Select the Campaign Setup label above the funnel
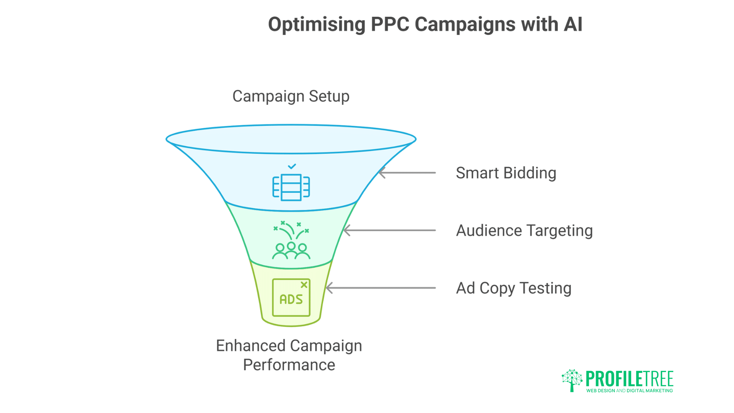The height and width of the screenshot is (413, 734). point(291,96)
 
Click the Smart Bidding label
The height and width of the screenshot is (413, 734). point(506,173)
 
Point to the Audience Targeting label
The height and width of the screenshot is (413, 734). point(524,231)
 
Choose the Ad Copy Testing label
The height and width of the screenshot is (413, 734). point(513,288)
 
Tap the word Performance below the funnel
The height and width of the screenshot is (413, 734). point(289,365)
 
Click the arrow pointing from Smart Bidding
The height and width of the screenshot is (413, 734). point(407,173)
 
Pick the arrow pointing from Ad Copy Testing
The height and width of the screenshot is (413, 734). point(381,288)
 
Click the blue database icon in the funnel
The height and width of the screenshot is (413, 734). point(291,187)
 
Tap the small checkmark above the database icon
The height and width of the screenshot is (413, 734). point(292,166)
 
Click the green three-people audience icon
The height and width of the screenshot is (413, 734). point(291,250)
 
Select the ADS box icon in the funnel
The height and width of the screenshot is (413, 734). point(291,298)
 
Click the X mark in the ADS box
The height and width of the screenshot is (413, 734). point(304,285)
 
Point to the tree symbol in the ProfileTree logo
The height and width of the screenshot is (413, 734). point(572,380)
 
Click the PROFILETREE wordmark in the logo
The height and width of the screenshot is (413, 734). point(629,379)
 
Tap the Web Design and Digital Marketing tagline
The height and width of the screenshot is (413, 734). point(629,391)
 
